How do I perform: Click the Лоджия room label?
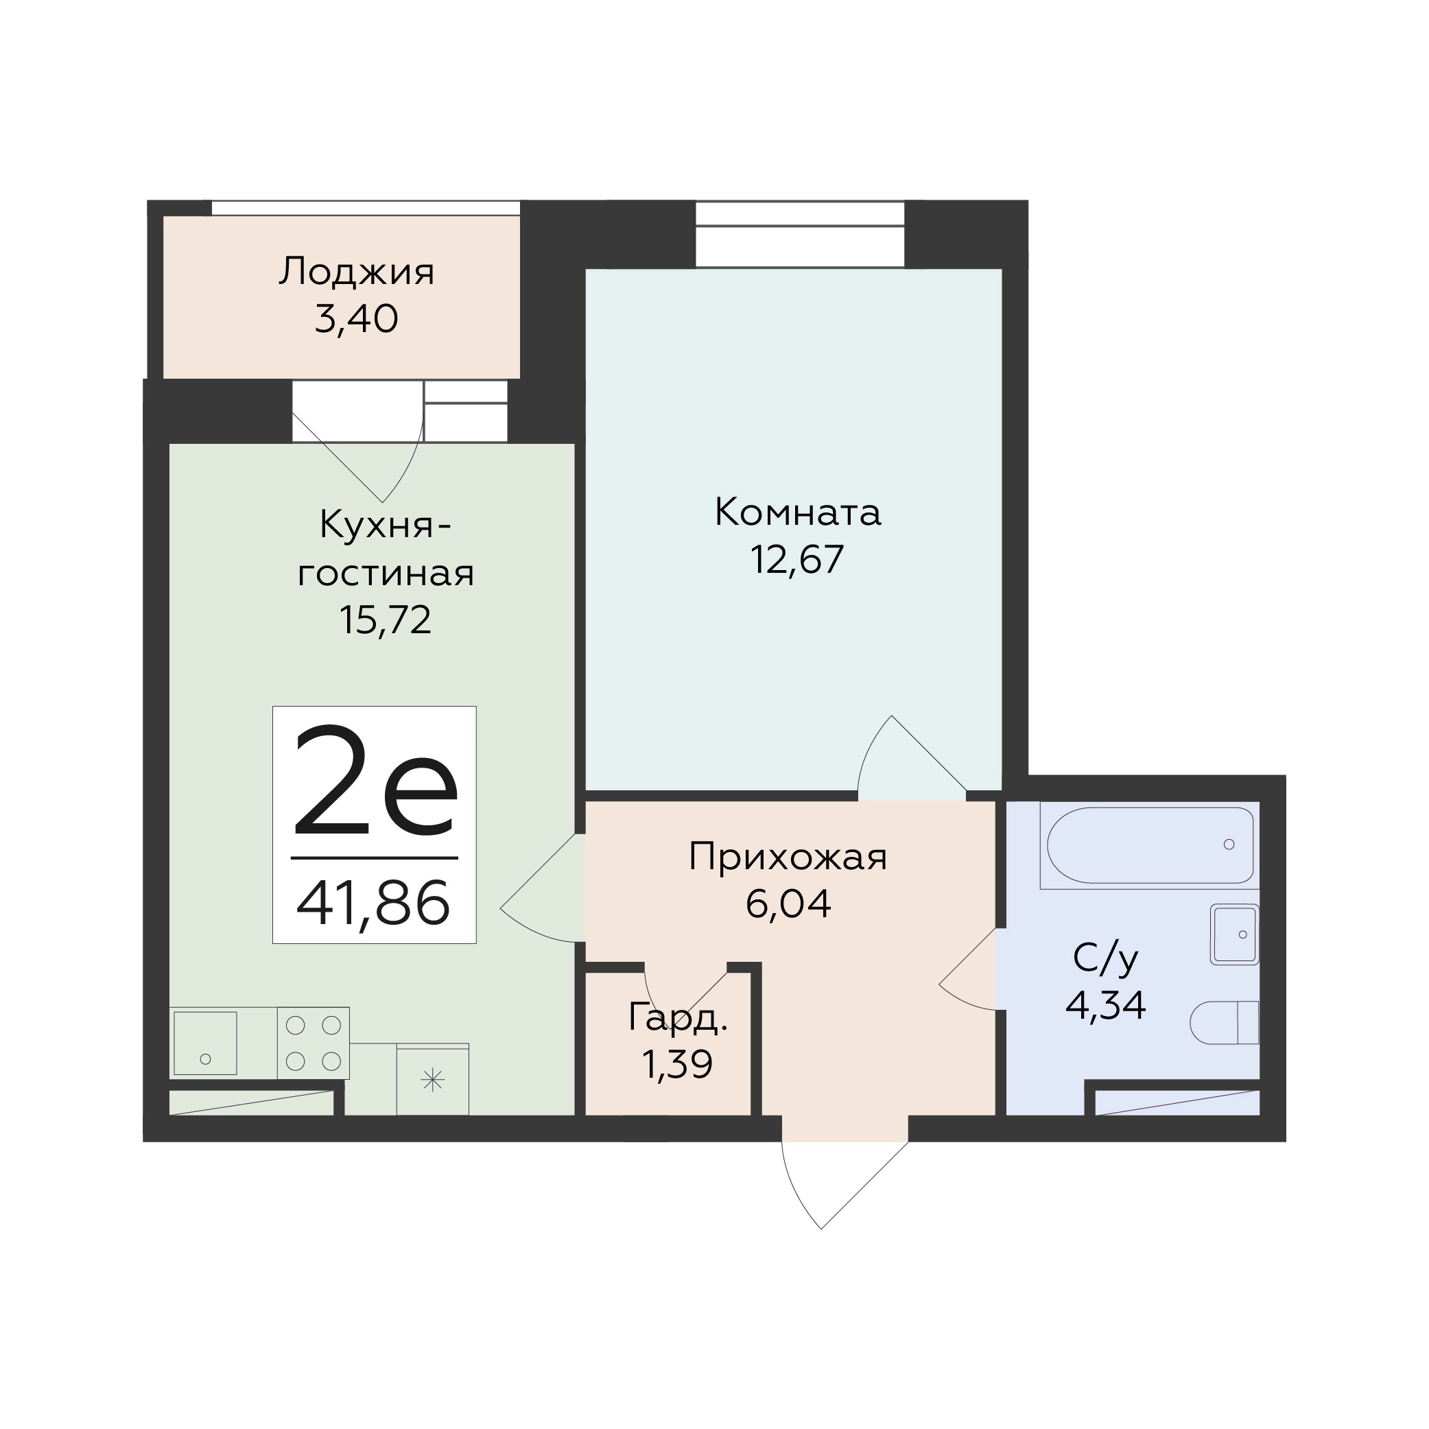point(357,272)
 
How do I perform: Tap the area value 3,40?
point(357,320)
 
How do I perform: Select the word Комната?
point(797,512)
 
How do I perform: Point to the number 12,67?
point(797,559)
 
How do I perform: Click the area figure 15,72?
point(386,619)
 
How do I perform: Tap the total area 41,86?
point(373,903)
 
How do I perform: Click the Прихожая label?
point(788,858)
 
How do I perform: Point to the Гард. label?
point(678,1018)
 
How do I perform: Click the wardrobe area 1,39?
point(678,1065)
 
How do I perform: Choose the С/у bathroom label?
point(1106,959)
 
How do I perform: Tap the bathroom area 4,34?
point(1106,1006)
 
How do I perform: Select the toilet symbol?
point(1224,1023)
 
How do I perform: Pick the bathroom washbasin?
point(1234,935)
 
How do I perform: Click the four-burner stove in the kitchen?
point(314,1043)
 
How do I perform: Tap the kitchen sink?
point(206,1043)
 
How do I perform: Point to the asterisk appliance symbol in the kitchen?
point(433,1082)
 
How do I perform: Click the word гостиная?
point(386,575)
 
